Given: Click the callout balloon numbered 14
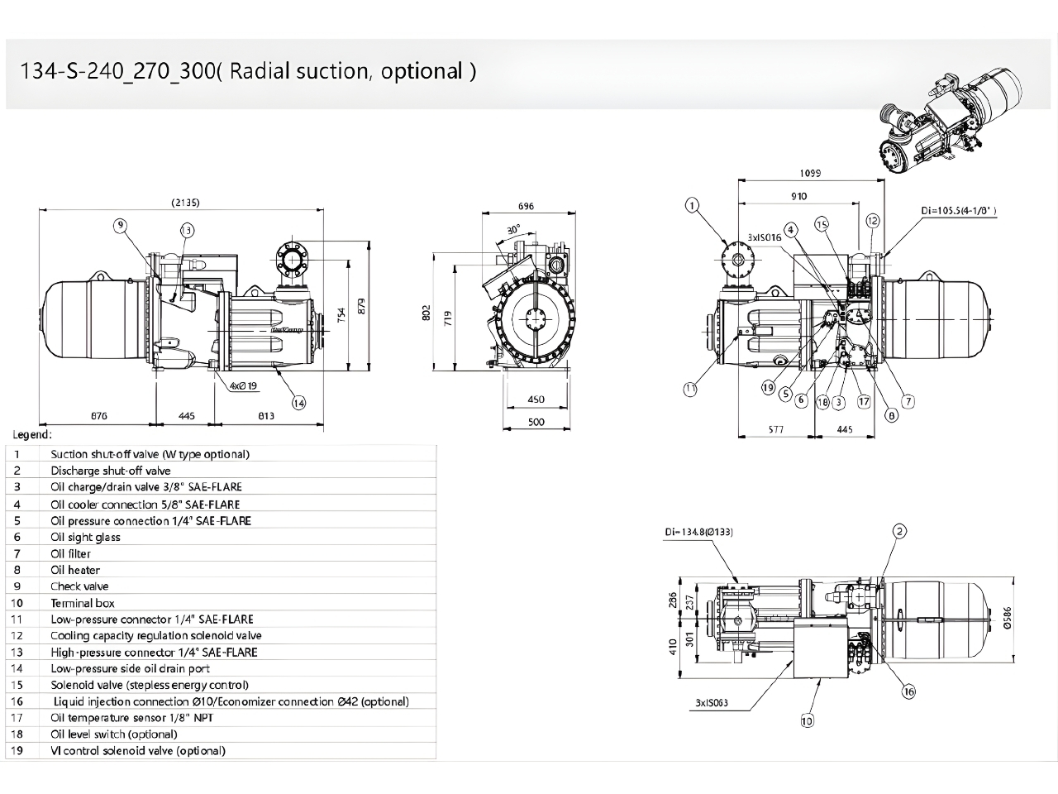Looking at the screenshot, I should tap(298, 403).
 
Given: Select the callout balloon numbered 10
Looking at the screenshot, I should tap(807, 720).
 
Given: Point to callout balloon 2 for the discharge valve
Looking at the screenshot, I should tap(899, 531).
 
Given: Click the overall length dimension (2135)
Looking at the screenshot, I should tap(185, 203).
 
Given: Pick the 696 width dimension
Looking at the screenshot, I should tap(526, 206).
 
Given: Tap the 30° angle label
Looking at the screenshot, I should tap(514, 228).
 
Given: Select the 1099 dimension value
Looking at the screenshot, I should tap(811, 173).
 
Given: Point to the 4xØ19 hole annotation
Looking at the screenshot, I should tap(243, 385).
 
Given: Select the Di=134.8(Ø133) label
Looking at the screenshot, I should tap(698, 531).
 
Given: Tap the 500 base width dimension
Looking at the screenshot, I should tap(536, 422).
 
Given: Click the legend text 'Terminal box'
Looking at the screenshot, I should tap(83, 603).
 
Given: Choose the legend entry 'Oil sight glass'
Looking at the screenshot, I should tap(85, 537).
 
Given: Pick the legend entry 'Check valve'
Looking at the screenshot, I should tap(79, 586).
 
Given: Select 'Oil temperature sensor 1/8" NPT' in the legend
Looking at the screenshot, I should tap(131, 718).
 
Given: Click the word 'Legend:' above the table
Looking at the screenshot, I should tap(33, 434).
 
